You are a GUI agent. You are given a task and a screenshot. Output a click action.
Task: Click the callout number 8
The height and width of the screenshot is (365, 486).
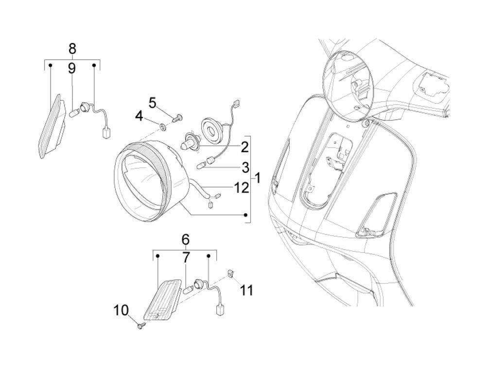(x=72, y=49)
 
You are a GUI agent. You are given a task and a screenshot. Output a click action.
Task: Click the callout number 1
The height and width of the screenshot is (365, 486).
(x=258, y=178)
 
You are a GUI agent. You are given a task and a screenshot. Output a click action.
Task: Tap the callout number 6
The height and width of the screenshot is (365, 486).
(x=185, y=240)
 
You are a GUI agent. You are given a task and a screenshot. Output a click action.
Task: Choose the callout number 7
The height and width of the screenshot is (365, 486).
(x=186, y=258)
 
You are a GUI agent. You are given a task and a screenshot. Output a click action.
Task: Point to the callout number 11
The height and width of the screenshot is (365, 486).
(x=247, y=291)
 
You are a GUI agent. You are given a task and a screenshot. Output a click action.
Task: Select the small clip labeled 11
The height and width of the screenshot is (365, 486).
(x=232, y=274)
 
